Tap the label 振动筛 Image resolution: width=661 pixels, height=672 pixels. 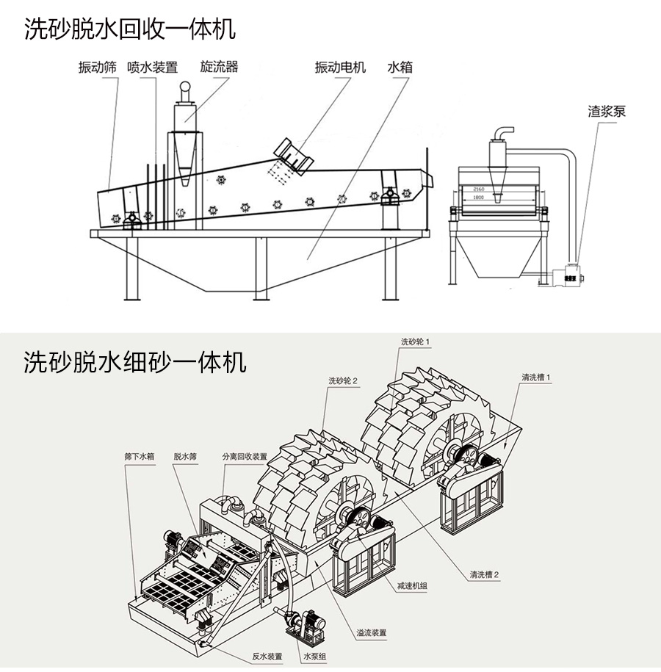tap(98, 68)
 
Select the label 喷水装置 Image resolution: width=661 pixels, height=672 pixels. tap(152, 68)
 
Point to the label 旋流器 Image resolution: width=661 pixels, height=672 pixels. tap(220, 67)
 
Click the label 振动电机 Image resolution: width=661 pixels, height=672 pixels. tap(340, 68)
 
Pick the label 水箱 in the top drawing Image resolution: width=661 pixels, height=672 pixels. tap(400, 68)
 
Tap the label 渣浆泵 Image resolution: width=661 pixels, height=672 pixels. tap(607, 112)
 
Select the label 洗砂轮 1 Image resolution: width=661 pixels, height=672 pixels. tap(415, 342)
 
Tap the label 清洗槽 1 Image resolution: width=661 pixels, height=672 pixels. tap(536, 377)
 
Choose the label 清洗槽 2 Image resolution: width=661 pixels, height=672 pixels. tap(485, 574)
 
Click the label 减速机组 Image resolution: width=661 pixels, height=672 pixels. tap(412, 585)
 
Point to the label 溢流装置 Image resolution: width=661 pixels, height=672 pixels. tap(372, 632)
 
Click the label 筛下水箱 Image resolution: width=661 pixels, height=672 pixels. tap(140, 456)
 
